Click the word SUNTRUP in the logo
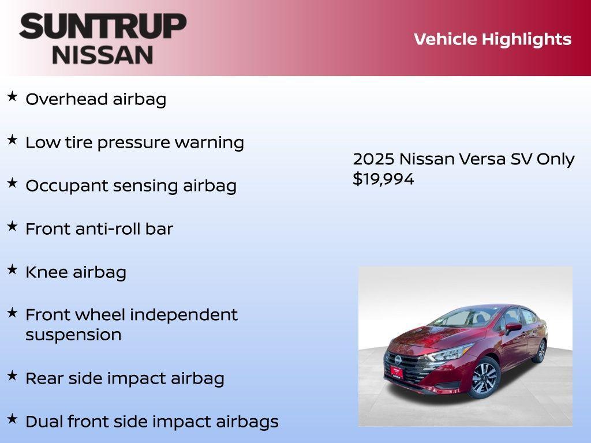click(x=103, y=26)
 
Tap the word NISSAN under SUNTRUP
click(x=103, y=54)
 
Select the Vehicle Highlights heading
click(x=492, y=39)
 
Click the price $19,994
click(x=383, y=179)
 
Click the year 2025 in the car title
click(x=373, y=159)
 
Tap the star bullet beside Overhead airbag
click(x=12, y=96)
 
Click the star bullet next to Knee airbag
click(x=12, y=269)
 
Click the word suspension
click(x=73, y=335)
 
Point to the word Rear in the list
click(x=44, y=378)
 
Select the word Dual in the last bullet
click(x=44, y=422)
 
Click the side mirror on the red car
click(x=513, y=327)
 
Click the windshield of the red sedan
click(x=462, y=318)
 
